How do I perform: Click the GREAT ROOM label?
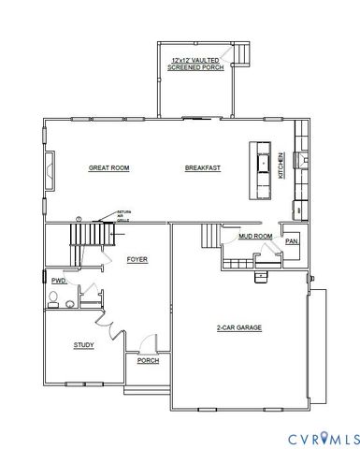108,167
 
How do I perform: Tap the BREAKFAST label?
202,167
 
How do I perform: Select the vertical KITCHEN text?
280,167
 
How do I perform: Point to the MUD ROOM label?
254,237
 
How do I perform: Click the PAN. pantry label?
292,241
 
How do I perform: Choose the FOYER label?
137,258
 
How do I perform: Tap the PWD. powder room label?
58,280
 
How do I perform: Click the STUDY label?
84,345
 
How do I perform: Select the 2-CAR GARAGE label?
238,327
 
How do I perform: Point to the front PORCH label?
148,360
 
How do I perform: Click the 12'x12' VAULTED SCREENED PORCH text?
196,64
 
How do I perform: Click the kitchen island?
262,168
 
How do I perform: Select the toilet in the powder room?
55,299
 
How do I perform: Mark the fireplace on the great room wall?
49,168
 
